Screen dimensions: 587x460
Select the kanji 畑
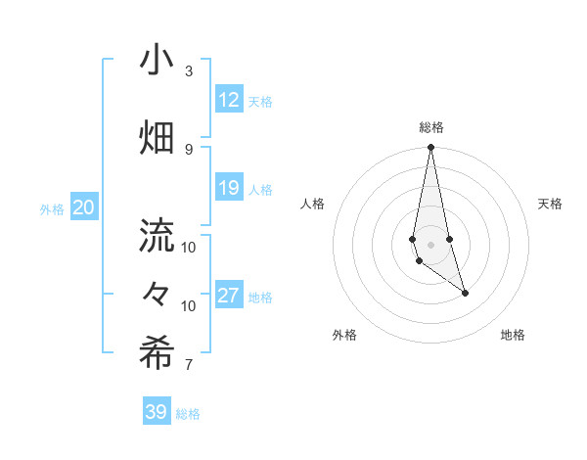click(x=157, y=138)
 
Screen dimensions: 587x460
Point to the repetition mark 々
click(x=157, y=295)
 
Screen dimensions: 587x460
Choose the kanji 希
click(x=157, y=353)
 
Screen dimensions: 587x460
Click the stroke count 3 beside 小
click(x=189, y=72)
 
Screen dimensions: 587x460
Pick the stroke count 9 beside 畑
click(x=189, y=149)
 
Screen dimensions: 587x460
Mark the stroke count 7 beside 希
click(x=189, y=365)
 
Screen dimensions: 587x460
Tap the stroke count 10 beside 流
click(x=189, y=247)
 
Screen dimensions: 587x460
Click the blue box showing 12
click(x=229, y=100)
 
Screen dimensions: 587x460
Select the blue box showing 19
click(x=229, y=188)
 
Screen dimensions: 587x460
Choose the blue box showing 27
click(x=229, y=296)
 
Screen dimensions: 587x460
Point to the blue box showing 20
click(x=84, y=207)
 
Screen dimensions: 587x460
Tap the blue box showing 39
click(x=157, y=412)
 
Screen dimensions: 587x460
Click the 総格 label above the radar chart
click(x=431, y=127)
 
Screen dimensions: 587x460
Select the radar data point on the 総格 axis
click(x=430, y=148)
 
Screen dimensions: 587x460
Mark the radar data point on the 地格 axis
click(x=465, y=293)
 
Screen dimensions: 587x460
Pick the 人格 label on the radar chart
click(x=312, y=204)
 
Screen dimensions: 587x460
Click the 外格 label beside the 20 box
click(x=52, y=208)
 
